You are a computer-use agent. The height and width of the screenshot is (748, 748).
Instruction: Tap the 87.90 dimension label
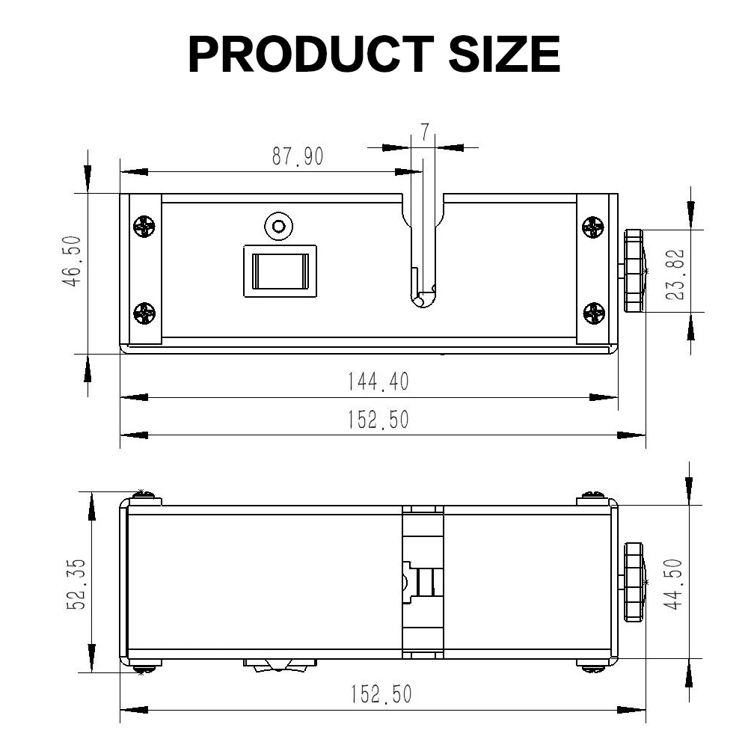(x=298, y=156)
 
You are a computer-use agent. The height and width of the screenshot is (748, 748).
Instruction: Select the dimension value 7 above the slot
(x=425, y=132)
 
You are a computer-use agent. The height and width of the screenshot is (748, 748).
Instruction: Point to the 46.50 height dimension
(x=72, y=261)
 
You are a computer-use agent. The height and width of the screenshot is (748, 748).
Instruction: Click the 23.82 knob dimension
(x=675, y=275)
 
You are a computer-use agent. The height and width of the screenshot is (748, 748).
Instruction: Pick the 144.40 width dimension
(x=378, y=381)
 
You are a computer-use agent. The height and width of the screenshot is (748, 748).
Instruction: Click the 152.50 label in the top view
(x=378, y=420)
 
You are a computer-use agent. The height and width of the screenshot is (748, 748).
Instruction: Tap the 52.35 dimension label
(x=76, y=584)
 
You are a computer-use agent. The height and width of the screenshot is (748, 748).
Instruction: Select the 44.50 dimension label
(x=673, y=584)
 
